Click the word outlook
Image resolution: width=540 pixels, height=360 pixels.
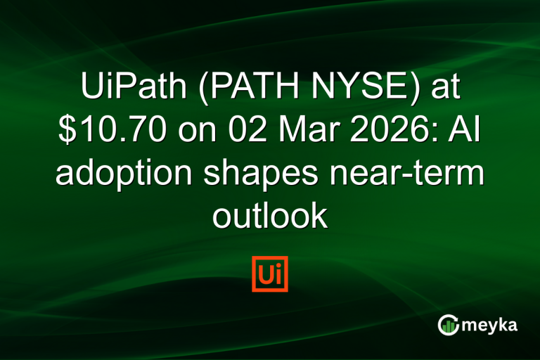270,217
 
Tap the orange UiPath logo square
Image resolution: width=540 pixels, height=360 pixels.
270,274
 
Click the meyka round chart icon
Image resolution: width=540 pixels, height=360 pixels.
449,324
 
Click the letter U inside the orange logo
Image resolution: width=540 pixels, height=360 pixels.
265,274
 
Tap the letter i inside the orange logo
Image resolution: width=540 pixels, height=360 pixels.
278,274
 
